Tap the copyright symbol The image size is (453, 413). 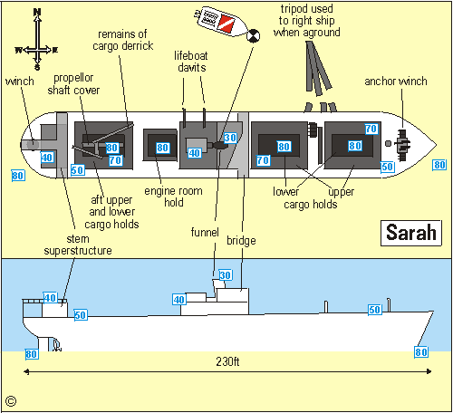click(x=11, y=399)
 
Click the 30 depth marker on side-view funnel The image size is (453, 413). click(x=226, y=274)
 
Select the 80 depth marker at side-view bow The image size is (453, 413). click(x=420, y=352)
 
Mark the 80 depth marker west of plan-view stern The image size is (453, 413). click(x=17, y=175)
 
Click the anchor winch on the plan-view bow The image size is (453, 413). click(x=401, y=143)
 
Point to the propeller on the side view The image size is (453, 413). click(x=56, y=345)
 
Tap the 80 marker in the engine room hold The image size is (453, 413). click(x=162, y=147)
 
